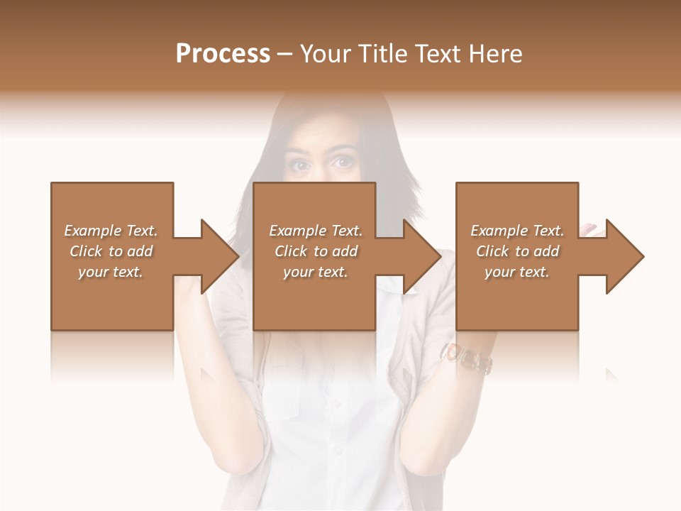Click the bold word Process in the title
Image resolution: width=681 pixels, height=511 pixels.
click(223, 54)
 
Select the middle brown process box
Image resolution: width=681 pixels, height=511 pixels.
click(314, 298)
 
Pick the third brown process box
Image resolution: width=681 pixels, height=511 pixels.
click(517, 298)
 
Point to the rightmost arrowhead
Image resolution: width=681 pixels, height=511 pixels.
click(624, 256)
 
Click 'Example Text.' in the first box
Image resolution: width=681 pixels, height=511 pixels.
click(111, 231)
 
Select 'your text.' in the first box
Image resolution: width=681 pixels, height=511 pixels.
click(111, 272)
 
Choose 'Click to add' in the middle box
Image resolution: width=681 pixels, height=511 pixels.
click(316, 251)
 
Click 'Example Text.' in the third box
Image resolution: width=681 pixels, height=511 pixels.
click(518, 231)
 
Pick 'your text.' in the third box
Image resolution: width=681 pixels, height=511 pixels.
click(518, 272)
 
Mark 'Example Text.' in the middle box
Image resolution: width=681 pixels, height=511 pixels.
click(316, 231)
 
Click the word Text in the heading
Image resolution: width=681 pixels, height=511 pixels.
click(438, 54)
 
